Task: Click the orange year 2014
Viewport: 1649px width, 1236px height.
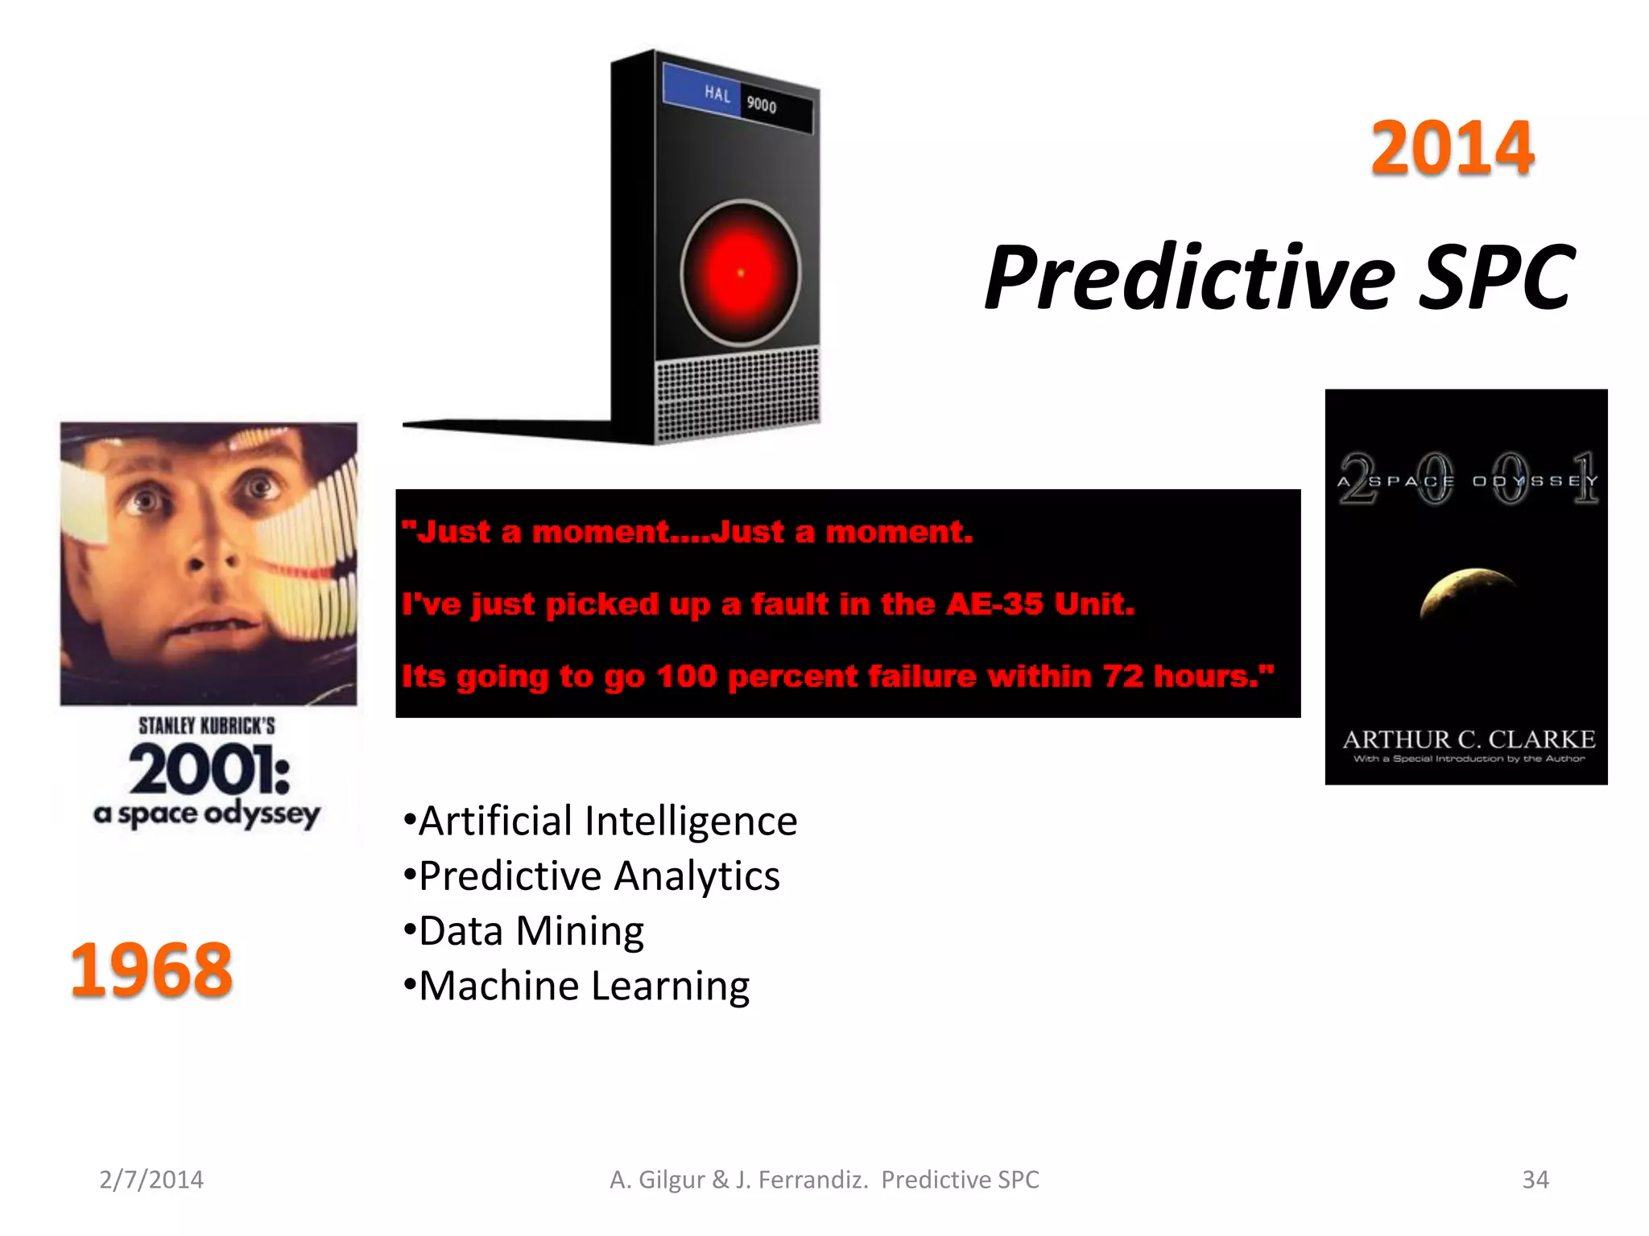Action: [x=1452, y=148]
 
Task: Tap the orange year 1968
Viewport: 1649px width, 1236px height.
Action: [x=151, y=970]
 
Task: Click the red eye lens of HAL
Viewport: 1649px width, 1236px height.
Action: [x=741, y=273]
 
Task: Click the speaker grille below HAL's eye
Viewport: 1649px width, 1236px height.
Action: [x=737, y=394]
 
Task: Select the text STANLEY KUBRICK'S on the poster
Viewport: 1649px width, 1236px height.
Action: [x=207, y=726]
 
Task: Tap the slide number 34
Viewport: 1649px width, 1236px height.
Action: [x=1535, y=1180]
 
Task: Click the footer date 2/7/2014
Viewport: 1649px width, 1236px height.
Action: [x=151, y=1180]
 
